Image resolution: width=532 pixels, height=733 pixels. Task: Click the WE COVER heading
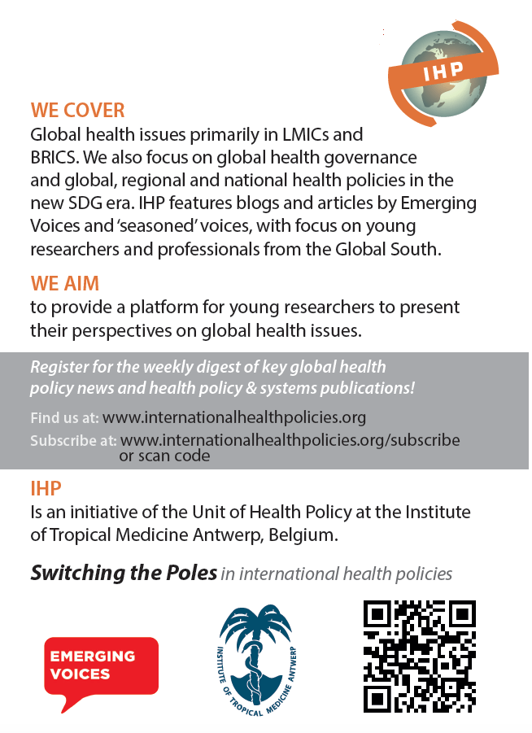[78, 110]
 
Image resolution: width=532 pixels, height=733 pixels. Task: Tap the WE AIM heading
[64, 283]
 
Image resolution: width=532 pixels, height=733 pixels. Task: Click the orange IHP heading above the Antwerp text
[46, 488]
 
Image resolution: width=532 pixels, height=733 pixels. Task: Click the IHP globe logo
[437, 74]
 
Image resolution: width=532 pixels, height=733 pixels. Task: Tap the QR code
[419, 656]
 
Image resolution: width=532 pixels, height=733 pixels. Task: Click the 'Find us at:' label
[64, 418]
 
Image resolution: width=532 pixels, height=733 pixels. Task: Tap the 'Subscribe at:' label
[73, 441]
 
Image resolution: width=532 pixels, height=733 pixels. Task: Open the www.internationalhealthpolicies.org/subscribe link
[290, 440]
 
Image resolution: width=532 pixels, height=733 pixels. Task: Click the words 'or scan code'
[164, 456]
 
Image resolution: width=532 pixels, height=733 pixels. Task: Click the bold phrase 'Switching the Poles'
[124, 573]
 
